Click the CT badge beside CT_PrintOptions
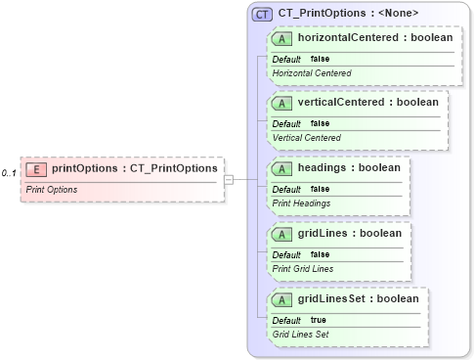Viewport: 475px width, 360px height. point(262,14)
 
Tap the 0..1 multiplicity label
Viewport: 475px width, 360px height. point(10,172)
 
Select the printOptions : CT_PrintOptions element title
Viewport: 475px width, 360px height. point(134,168)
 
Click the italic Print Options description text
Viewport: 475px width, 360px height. point(52,189)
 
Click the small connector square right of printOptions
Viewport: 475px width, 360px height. point(228,179)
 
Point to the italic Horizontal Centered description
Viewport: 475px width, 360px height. point(312,73)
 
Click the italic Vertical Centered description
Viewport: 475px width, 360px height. point(306,138)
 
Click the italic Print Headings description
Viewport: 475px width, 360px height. point(301,203)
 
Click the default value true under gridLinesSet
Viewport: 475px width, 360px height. point(319,320)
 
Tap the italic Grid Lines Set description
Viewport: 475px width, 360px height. point(301,335)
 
